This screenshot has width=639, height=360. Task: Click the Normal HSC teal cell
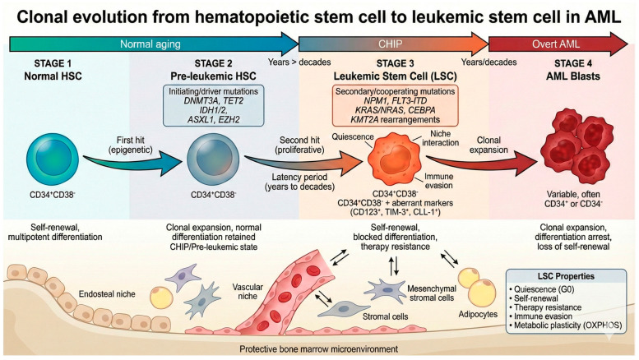click(x=53, y=159)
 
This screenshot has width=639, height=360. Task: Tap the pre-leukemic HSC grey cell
click(x=213, y=159)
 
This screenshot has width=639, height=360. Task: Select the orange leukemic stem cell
click(x=394, y=159)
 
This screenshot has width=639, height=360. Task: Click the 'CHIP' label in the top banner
click(x=390, y=44)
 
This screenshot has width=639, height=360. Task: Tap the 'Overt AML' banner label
click(x=556, y=44)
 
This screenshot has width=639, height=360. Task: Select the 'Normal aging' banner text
click(x=150, y=44)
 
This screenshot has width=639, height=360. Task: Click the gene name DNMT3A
click(x=200, y=100)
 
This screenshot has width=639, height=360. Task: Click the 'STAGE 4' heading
click(x=573, y=63)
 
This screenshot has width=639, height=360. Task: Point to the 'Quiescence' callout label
click(x=353, y=136)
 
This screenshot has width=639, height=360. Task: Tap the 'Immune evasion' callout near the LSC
click(x=438, y=181)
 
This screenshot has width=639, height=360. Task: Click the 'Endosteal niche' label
click(x=107, y=294)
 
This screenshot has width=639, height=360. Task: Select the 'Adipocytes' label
click(x=478, y=315)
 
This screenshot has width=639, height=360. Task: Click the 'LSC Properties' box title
click(x=566, y=276)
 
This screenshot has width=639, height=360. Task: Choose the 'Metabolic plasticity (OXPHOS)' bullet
click(x=566, y=325)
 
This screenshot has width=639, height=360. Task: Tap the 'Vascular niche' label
click(x=248, y=292)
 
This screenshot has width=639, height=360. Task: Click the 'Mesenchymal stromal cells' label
click(x=432, y=293)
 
